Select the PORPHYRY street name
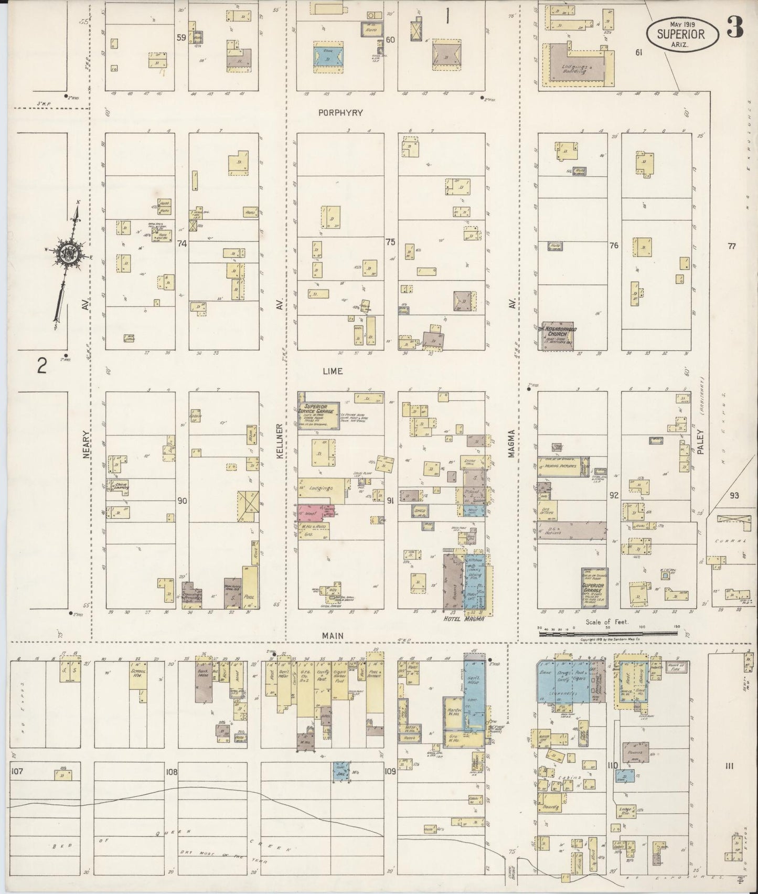click(332, 113)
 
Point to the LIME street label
click(333, 371)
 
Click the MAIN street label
click(333, 635)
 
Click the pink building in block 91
click(309, 511)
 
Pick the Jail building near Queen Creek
click(340, 772)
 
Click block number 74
click(182, 243)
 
